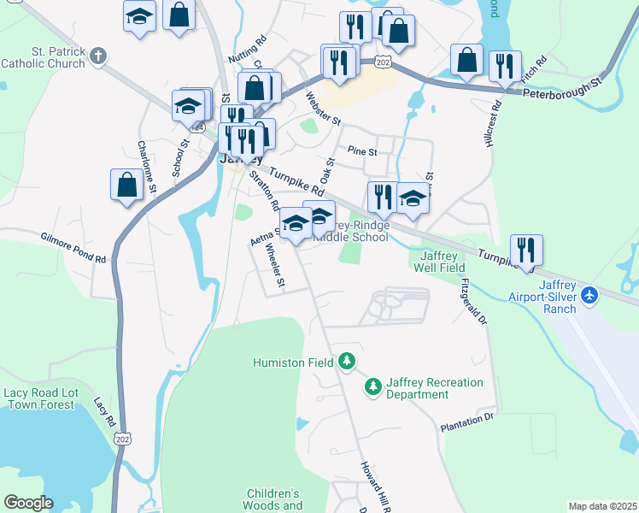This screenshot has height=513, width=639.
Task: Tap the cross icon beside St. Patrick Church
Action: (x=98, y=56)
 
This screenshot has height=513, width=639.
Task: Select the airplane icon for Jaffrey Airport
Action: (x=589, y=295)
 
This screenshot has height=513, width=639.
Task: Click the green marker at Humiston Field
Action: (x=347, y=363)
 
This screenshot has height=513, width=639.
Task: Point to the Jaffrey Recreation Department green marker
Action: (x=372, y=388)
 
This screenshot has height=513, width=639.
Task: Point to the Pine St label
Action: (x=362, y=151)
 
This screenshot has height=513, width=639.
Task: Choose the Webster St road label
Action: (x=324, y=109)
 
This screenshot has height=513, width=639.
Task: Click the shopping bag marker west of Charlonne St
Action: (x=126, y=185)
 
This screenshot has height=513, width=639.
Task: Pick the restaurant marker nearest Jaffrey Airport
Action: (x=526, y=251)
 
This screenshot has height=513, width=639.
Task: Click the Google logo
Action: (x=28, y=502)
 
